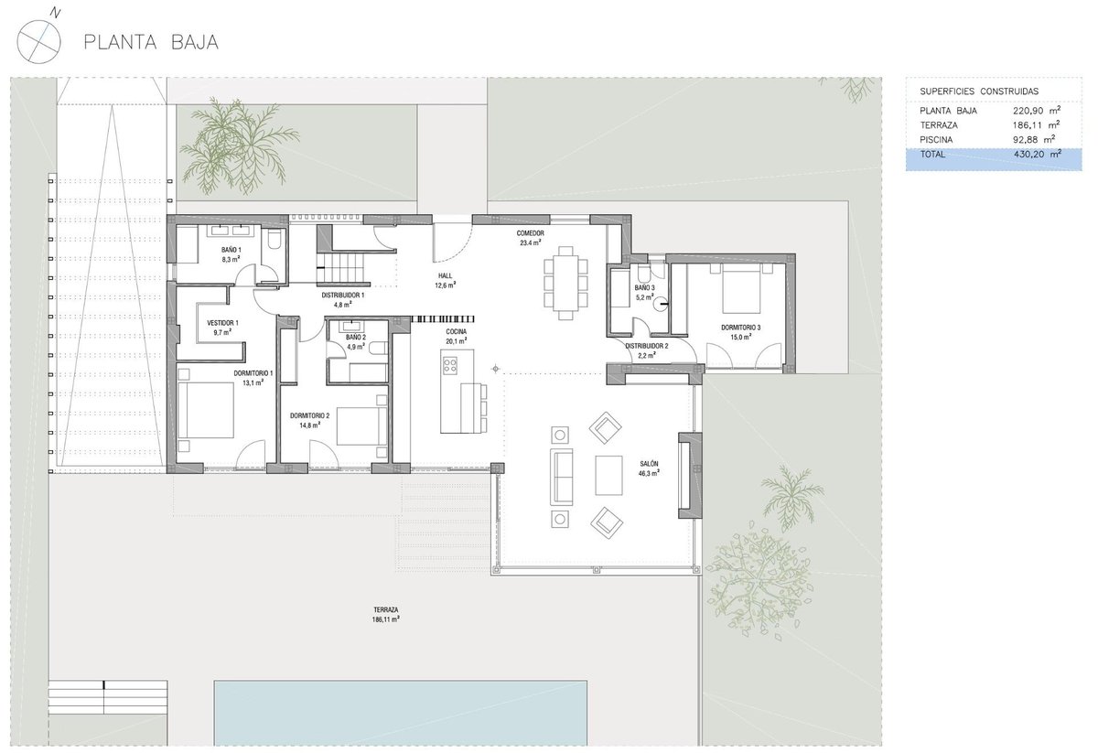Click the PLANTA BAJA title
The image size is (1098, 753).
click(x=151, y=42)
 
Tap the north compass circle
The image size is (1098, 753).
click(x=38, y=42)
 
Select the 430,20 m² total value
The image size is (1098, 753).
click(x=1038, y=154)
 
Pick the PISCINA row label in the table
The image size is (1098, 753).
click(x=936, y=140)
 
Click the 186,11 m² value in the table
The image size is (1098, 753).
click(x=1036, y=125)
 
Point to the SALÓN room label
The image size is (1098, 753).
click(x=649, y=463)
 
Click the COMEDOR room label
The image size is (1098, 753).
click(x=531, y=233)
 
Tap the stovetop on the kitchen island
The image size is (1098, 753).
click(x=450, y=366)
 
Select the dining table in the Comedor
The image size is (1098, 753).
click(x=565, y=284)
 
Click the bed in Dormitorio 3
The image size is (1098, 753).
click(x=742, y=288)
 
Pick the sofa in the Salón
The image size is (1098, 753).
click(x=562, y=477)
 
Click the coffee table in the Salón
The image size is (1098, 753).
click(x=608, y=475)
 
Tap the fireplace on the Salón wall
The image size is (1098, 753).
click(x=690, y=475)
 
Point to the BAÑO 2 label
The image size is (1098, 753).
click(x=356, y=338)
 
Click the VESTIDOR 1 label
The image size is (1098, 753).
click(x=222, y=323)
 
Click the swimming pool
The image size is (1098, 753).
click(x=401, y=714)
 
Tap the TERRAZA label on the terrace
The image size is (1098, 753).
click(x=386, y=610)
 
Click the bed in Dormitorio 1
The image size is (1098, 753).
click(x=206, y=410)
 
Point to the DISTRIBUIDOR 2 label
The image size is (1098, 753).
click(x=647, y=346)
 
